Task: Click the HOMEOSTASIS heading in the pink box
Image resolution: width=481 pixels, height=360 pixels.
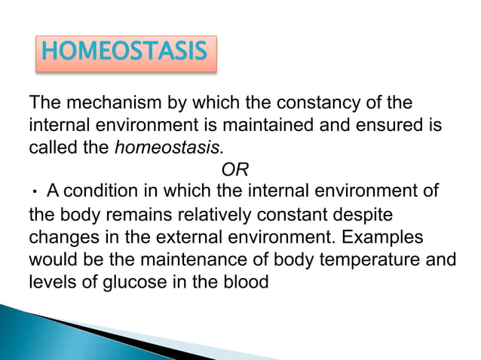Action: (124, 53)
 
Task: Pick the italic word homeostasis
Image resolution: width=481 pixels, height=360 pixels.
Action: (159, 147)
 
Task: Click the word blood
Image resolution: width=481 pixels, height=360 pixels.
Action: (249, 282)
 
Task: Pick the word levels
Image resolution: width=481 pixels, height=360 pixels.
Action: (51, 282)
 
